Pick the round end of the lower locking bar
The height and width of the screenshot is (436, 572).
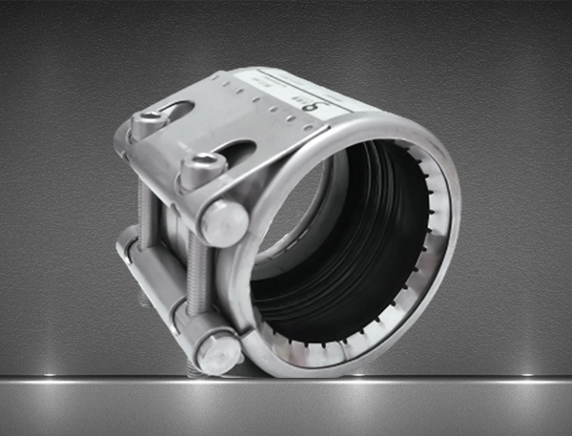click(x=219, y=354)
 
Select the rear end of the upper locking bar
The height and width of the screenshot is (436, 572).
click(x=122, y=143)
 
